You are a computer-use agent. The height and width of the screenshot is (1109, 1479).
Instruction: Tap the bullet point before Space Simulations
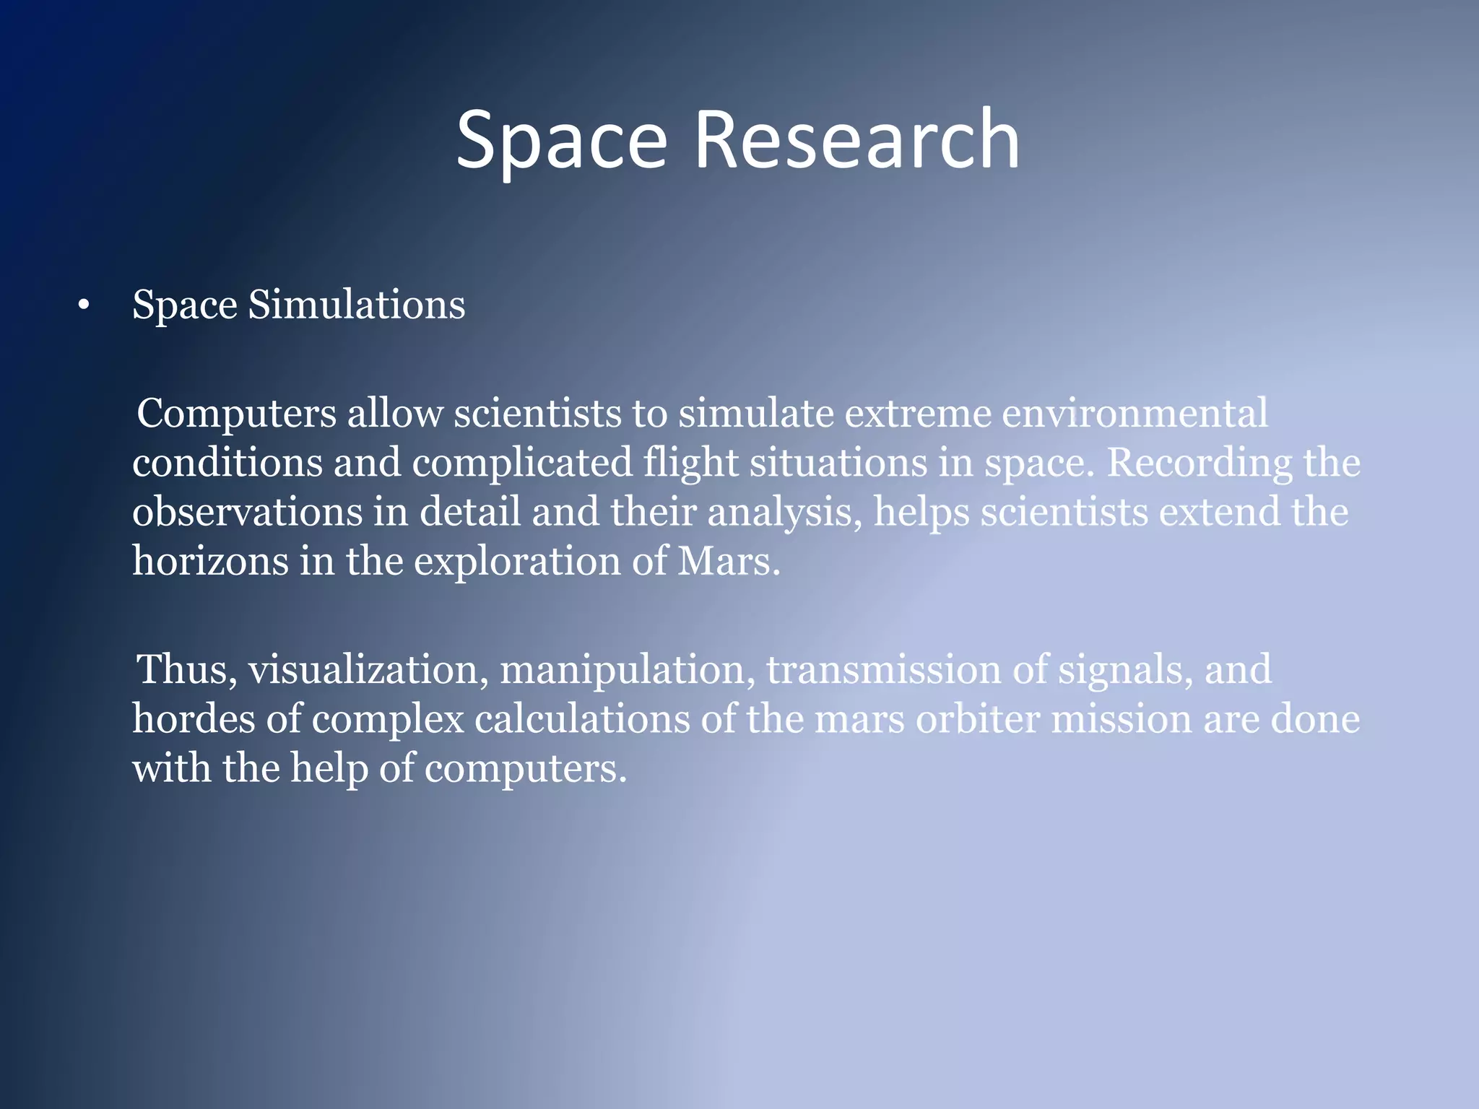pyautogui.click(x=84, y=306)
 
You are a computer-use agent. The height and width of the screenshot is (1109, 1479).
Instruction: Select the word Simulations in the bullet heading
pyautogui.click(x=357, y=304)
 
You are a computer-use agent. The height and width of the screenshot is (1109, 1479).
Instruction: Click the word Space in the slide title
pyautogui.click(x=561, y=142)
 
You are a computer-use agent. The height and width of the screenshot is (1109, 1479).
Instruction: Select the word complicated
pyautogui.click(x=522, y=464)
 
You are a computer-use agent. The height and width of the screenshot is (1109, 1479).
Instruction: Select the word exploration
pyautogui.click(x=517, y=562)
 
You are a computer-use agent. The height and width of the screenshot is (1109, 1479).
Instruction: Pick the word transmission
pyautogui.click(x=883, y=669)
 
